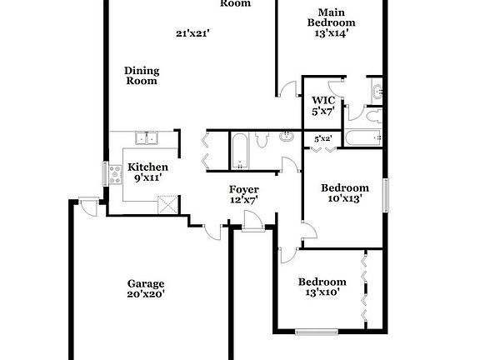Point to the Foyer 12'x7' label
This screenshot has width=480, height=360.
coord(244,194)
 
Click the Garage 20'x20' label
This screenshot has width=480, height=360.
coord(146,287)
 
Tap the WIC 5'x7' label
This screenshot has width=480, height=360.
coord(323,105)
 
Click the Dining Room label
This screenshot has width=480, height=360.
coord(142,76)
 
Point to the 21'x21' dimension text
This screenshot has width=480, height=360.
coord(192,34)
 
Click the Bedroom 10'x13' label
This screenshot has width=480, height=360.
coord(345,192)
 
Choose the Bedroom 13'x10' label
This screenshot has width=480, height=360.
coord(322,287)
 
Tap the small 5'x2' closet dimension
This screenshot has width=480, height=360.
coord(323,138)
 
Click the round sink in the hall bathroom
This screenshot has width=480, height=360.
coord(287,135)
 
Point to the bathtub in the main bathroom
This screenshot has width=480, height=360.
coord(362,138)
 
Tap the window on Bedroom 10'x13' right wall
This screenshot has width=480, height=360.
coord(385,194)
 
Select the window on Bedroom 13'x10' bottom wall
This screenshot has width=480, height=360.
coord(317,332)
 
